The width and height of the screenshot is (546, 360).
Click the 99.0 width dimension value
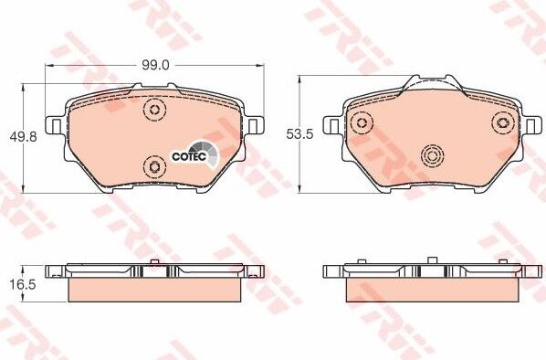pyautogui.click(x=155, y=65)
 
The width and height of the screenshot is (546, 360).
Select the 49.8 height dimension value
pyautogui.click(x=23, y=137)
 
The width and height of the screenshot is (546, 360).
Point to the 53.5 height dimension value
pyautogui.click(x=299, y=133)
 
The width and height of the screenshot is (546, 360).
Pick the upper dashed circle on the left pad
pyautogui.click(x=154, y=110)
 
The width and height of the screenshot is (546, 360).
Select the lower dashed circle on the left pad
pyautogui.click(x=154, y=167)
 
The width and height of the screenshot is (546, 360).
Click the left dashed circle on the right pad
pyautogui.click(x=362, y=123)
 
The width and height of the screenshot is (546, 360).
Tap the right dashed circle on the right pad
pyautogui.click(x=503, y=123)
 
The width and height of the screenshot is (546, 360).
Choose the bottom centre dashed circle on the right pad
pyautogui.click(x=432, y=155)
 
